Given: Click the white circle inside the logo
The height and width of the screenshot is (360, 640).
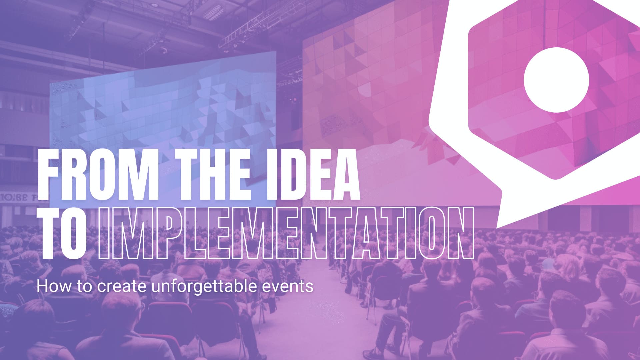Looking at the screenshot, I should click(556, 80).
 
